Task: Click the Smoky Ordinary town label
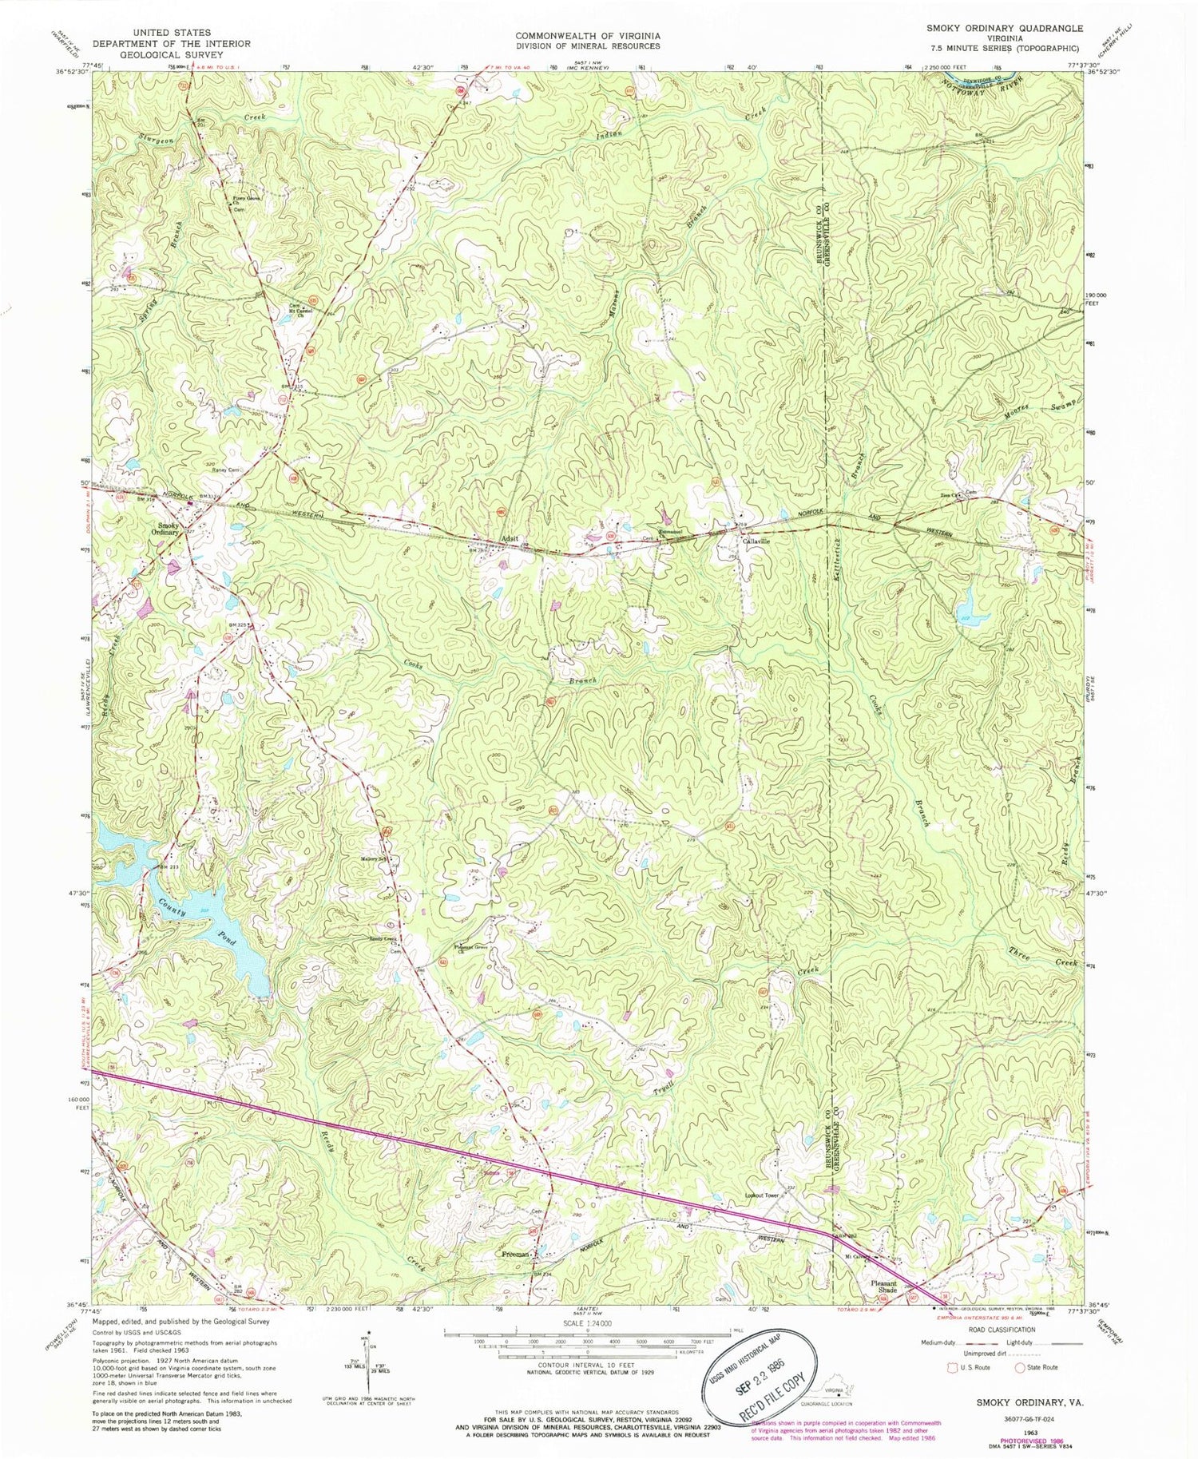(x=168, y=529)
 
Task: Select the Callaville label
(x=756, y=541)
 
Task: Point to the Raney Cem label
(x=225, y=470)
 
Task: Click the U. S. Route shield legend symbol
(x=950, y=1368)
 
